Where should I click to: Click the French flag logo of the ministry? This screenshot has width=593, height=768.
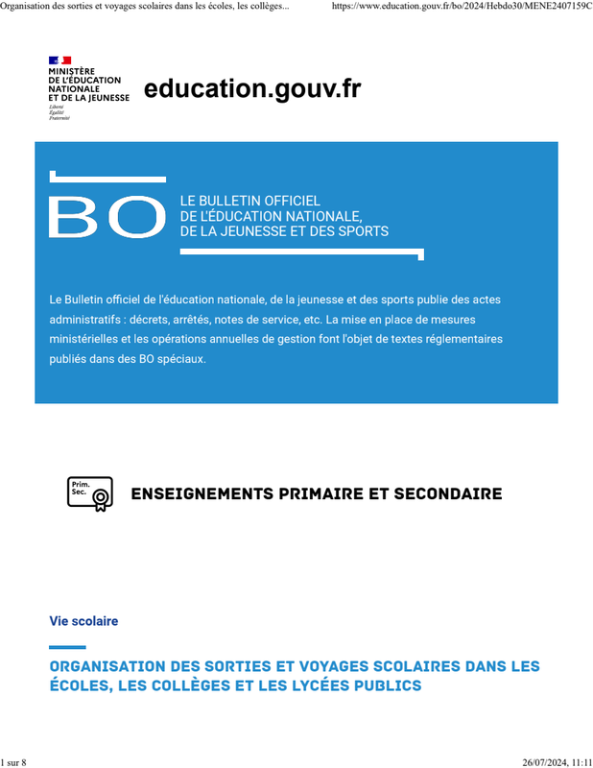[x=59, y=60]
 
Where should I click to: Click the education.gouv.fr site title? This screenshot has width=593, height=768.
[x=252, y=89]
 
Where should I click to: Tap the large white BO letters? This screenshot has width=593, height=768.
[x=106, y=217]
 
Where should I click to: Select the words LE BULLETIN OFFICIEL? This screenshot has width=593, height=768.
[x=249, y=201]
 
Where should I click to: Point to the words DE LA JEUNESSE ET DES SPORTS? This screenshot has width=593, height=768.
[x=284, y=231]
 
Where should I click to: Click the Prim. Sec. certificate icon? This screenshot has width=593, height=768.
[x=89, y=493]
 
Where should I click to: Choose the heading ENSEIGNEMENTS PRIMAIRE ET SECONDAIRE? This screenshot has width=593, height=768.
[x=316, y=494]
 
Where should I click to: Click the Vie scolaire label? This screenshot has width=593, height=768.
[x=83, y=621]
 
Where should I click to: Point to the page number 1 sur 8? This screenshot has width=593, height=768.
[x=13, y=762]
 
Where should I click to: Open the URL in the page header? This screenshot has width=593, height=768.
[x=461, y=6]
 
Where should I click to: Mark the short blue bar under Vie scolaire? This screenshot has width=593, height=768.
[x=67, y=647]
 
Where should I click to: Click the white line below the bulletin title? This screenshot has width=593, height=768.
[x=301, y=253]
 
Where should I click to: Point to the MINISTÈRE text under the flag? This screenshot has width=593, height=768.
[x=71, y=71]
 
